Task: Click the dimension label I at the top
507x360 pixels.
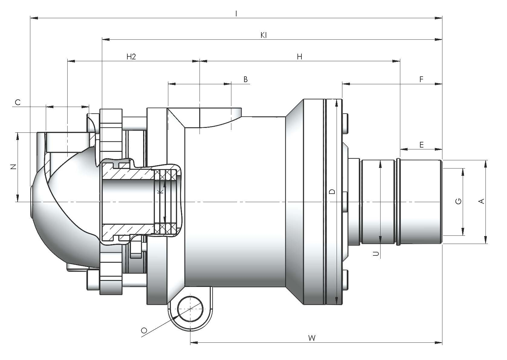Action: (236, 14)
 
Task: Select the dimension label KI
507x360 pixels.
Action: (264, 35)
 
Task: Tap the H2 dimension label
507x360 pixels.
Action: (131, 57)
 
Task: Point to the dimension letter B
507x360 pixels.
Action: (246, 79)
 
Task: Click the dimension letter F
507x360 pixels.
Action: (421, 79)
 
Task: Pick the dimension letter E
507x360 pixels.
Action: (421, 145)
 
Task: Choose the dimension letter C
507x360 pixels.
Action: (18, 102)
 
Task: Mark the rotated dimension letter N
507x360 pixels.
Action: (14, 167)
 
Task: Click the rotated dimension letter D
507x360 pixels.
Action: (332, 192)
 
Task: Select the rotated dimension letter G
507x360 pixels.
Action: (458, 201)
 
